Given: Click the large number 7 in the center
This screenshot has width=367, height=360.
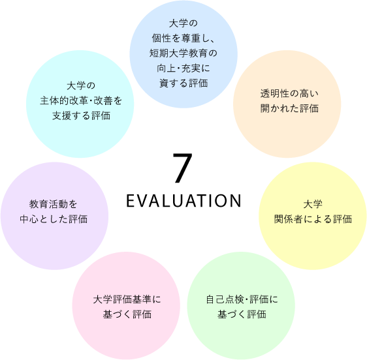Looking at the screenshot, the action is click(183, 168).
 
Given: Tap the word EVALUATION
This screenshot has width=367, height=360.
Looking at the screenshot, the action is click(183, 201).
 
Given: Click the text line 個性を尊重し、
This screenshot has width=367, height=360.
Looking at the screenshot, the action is click(183, 38).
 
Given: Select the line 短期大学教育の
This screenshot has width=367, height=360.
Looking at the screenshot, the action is click(183, 53).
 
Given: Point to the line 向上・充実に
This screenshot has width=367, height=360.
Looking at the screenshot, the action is click(183, 68).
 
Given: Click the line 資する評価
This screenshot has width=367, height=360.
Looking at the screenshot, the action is click(183, 83).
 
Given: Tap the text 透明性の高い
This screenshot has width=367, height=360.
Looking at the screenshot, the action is click(289, 93).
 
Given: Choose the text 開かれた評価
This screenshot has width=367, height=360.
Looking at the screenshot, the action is click(289, 108).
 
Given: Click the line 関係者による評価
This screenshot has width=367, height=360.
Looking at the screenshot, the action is click(313, 219).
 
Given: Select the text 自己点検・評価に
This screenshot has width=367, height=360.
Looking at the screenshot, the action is click(242, 299).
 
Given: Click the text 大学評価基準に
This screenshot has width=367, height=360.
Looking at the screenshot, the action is click(127, 299).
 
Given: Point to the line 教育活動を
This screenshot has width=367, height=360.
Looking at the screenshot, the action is click(53, 204).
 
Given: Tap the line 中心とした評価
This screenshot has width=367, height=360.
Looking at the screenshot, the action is click(54, 219).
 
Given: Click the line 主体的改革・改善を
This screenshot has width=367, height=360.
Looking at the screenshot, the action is click(81, 100).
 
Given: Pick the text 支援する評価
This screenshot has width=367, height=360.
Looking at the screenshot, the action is click(81, 115).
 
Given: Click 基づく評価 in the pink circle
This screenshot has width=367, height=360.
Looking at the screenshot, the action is click(127, 314).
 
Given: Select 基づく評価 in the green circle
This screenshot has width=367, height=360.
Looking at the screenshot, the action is click(242, 314).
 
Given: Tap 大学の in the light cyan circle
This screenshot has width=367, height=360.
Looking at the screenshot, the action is click(81, 86).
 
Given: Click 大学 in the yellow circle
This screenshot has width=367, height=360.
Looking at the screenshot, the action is click(313, 204).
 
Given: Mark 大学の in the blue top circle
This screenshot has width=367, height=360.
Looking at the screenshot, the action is click(183, 23).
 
